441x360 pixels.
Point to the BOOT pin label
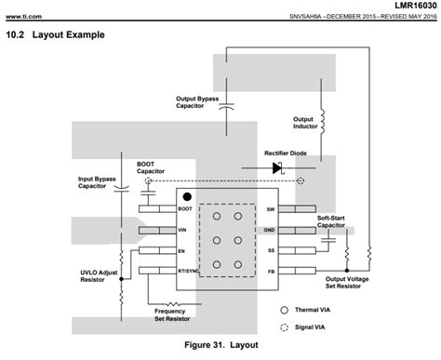click(x=185, y=209)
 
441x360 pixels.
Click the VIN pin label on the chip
click(x=183, y=230)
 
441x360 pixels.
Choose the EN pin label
click(x=182, y=250)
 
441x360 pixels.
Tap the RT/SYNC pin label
click(x=188, y=271)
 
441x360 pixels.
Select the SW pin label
click(x=270, y=209)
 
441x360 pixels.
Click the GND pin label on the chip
click(x=270, y=230)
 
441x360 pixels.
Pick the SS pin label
click(x=271, y=250)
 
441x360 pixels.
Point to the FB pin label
click(x=271, y=271)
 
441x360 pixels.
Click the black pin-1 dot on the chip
click(x=187, y=196)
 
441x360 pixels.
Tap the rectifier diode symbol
click(x=277, y=167)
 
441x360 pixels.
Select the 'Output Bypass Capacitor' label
click(x=196, y=101)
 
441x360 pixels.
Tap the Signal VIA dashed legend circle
click(x=284, y=327)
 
